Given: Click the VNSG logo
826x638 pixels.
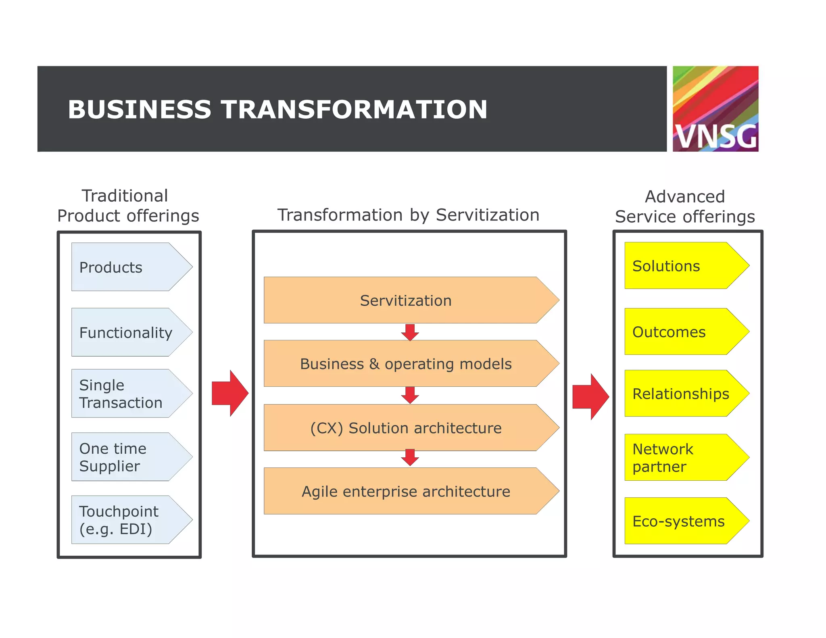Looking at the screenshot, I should point(715,109).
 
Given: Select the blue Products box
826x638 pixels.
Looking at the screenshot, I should point(125,267).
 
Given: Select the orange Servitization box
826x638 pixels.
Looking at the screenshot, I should point(405,300).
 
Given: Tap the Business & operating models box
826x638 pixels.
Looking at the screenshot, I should point(405,364).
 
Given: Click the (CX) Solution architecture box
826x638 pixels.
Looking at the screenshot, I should point(405,428).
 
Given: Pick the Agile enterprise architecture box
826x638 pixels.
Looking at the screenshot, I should point(405,491).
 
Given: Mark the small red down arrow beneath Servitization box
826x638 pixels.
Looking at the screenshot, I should point(410,332).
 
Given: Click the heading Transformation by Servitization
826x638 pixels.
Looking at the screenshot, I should point(408,215).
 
